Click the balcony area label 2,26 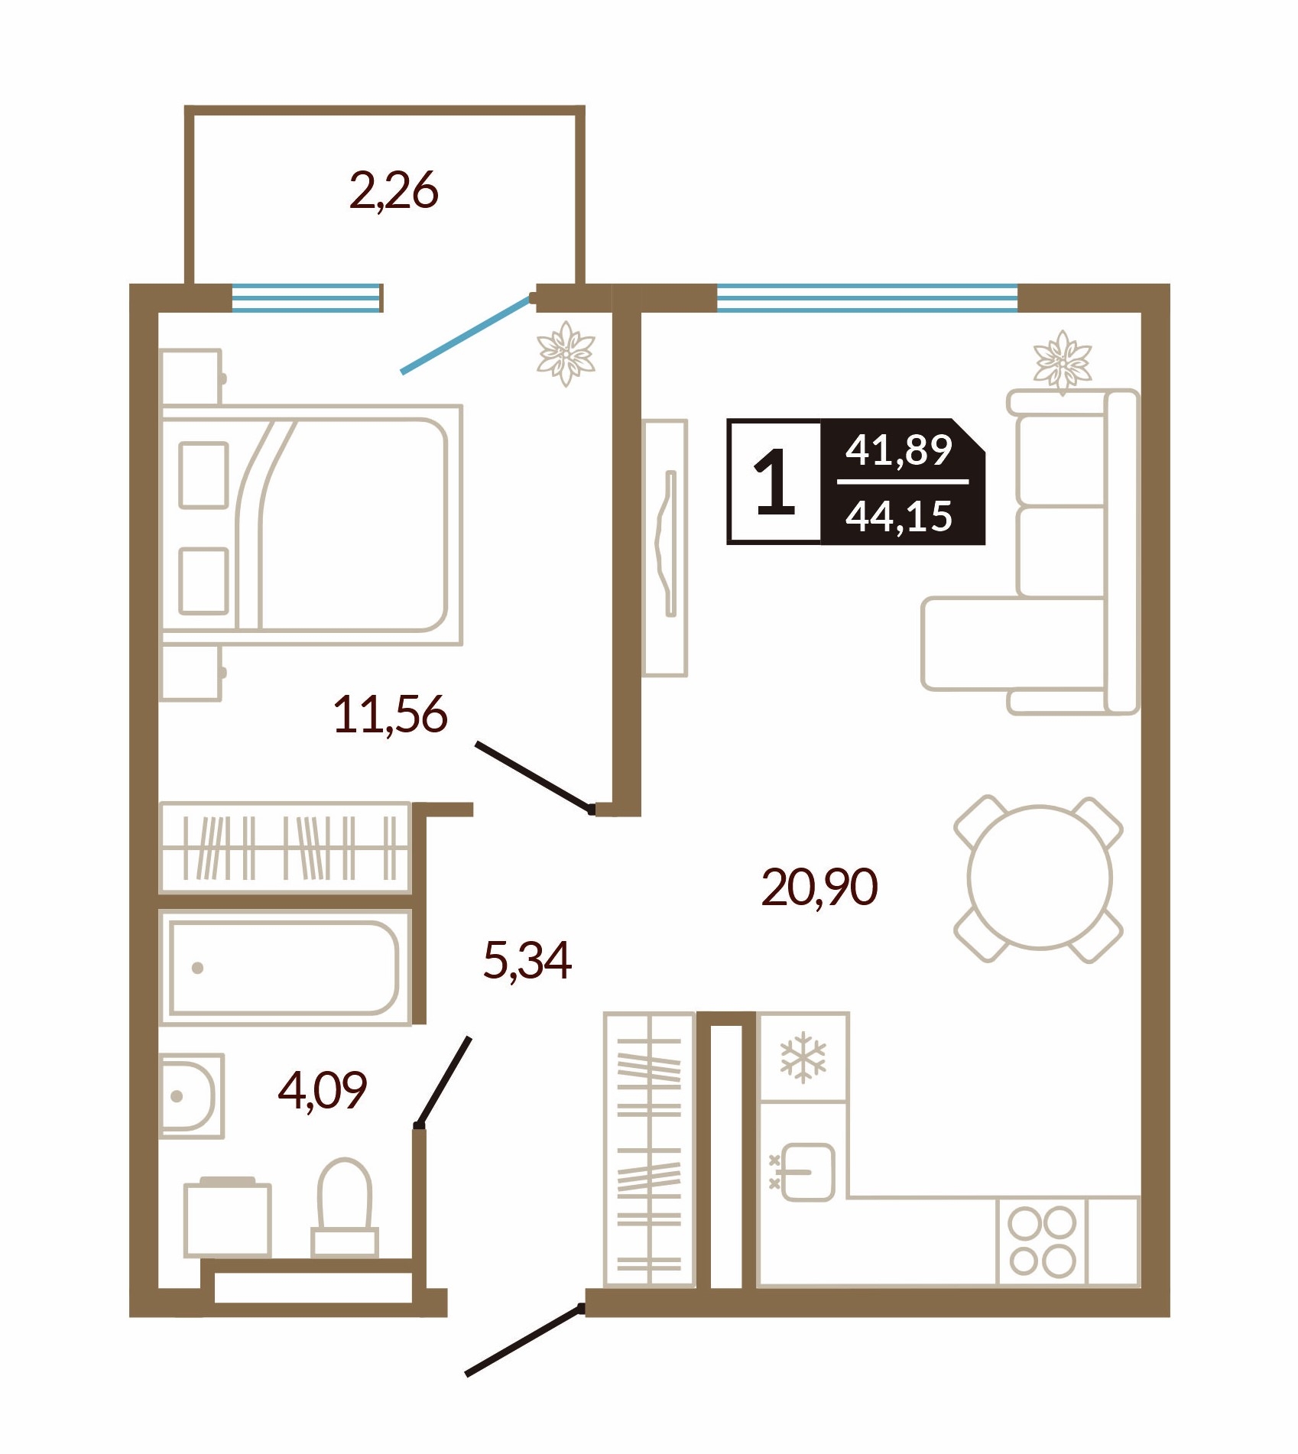(394, 191)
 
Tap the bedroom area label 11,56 (390, 715)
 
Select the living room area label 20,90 (819, 887)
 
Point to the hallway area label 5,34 (527, 961)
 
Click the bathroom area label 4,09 (323, 1090)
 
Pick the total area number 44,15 (899, 516)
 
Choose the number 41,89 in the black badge (899, 450)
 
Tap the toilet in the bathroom (345, 1209)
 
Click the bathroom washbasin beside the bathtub (192, 1096)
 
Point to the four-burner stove (1042, 1241)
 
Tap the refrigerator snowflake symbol (803, 1058)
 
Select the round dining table (1040, 878)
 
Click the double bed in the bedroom (312, 525)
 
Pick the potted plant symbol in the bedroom (566, 354)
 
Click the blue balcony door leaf (466, 335)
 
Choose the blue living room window (868, 297)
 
